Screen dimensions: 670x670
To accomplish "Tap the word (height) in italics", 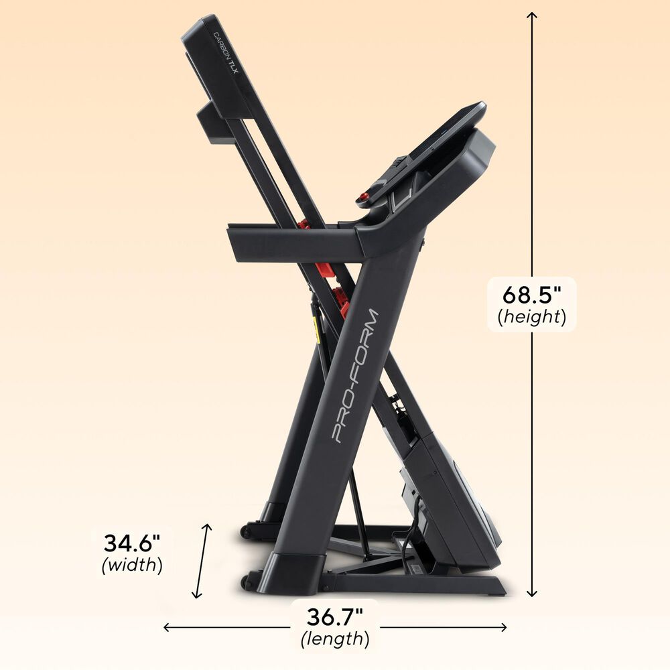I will (x=532, y=317).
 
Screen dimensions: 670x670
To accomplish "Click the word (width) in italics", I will (x=132, y=565).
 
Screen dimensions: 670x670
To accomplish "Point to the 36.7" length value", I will (x=334, y=616).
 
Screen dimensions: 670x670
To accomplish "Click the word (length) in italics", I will (x=334, y=639).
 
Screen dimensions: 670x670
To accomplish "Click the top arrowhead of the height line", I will (x=532, y=15).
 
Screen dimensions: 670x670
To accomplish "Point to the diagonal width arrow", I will (x=202, y=561).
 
